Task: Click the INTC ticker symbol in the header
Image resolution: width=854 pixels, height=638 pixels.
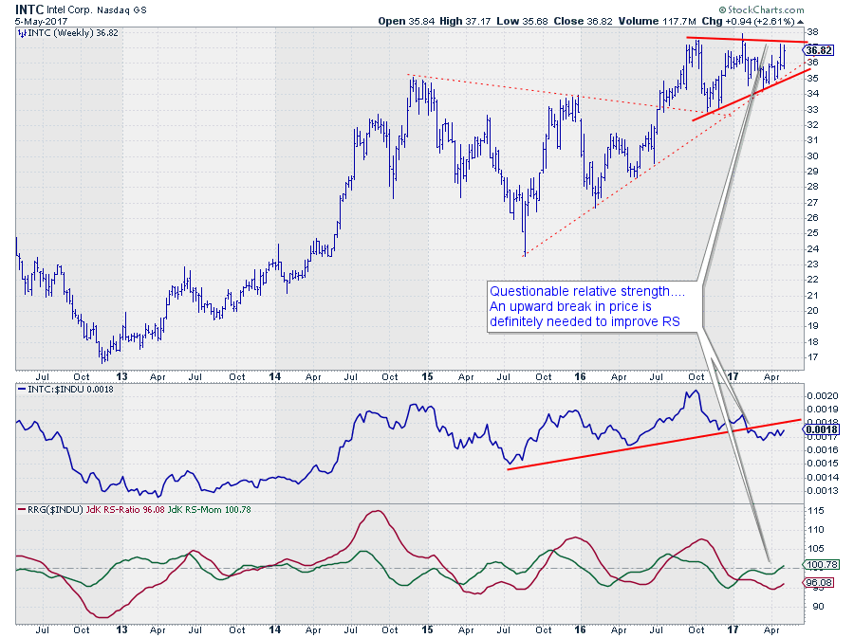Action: pos(29,8)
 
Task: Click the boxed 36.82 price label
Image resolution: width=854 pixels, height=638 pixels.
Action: pos(819,50)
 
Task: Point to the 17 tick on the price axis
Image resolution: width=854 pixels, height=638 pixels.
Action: pos(811,357)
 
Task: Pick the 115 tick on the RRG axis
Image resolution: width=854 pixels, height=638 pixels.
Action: pos(814,511)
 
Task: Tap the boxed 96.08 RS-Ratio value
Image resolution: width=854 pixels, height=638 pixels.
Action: pos(819,584)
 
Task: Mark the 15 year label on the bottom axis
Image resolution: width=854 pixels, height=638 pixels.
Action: pos(428,376)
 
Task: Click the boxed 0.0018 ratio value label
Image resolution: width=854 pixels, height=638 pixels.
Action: pos(820,428)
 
